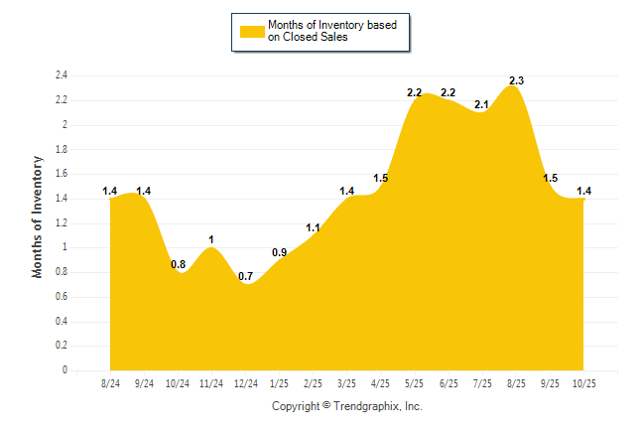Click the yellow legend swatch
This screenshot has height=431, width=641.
[x=252, y=31]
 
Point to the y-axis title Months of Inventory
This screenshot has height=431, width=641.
[x=38, y=215]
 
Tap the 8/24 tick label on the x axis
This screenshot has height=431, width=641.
[x=111, y=382]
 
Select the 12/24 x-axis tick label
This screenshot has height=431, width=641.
[x=245, y=382]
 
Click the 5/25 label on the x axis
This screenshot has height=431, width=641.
[x=414, y=382]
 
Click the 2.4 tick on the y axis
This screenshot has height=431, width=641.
[x=61, y=75]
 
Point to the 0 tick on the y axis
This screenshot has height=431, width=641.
[x=64, y=370]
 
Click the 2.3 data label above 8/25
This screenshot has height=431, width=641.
[x=516, y=80]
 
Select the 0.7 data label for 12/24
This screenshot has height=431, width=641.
[x=246, y=275]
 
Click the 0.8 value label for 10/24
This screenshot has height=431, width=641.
[x=179, y=264]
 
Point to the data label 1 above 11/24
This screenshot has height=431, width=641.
[x=211, y=239]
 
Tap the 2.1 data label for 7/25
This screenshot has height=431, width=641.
[x=482, y=104]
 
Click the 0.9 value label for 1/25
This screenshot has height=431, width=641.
[x=280, y=252]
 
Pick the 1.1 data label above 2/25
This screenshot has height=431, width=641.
[x=313, y=227]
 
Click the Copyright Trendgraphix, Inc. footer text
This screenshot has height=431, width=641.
[x=347, y=406]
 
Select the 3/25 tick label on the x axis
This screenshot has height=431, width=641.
[x=346, y=382]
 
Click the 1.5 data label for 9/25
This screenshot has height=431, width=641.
[x=550, y=178]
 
